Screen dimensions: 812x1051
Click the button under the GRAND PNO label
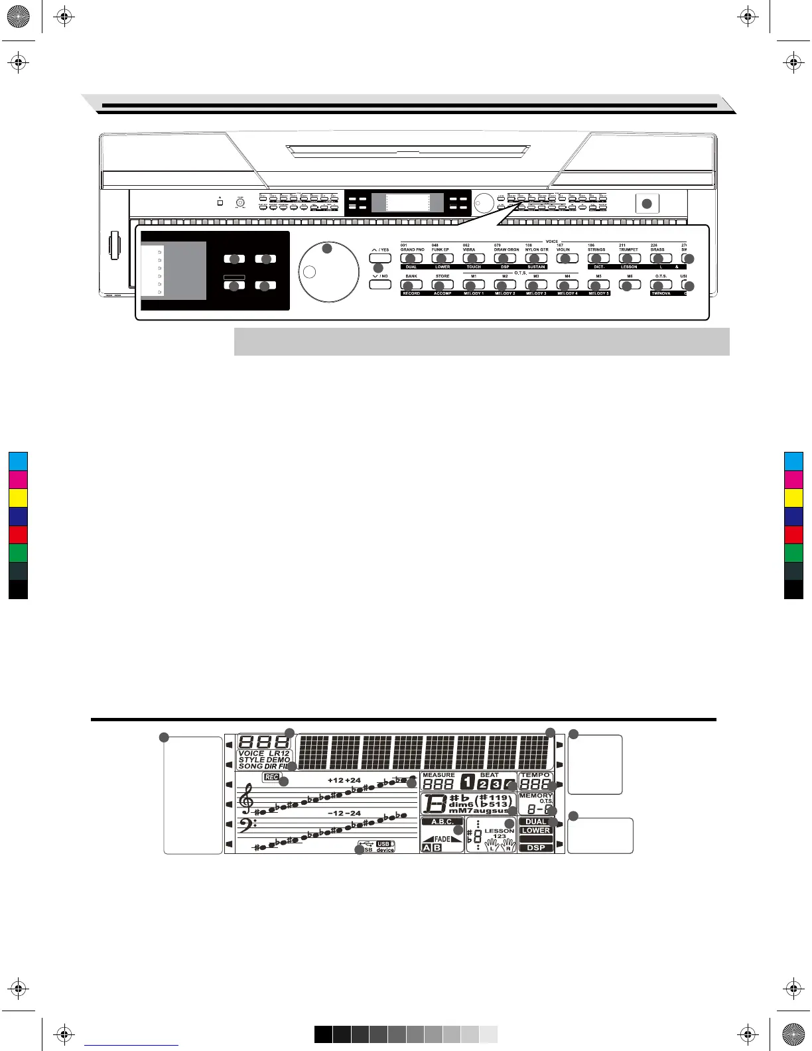411,258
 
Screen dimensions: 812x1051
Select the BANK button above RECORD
411,285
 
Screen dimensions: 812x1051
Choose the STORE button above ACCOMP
442,285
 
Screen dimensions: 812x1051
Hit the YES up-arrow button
380,257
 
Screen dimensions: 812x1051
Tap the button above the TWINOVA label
661,285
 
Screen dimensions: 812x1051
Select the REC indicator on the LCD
271,777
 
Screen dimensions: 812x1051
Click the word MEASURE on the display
439,775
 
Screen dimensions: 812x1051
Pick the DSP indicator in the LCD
536,848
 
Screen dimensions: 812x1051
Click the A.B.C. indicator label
442,822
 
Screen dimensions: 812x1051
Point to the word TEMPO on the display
535,775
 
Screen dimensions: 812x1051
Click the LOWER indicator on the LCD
536,831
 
